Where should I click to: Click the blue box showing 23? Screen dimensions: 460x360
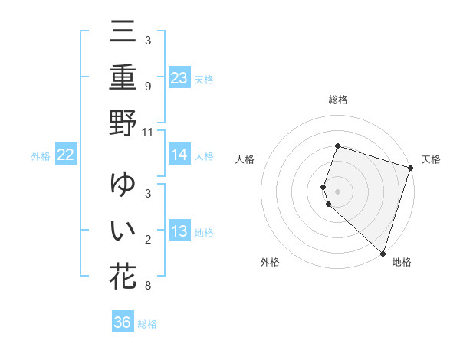pos(179,78)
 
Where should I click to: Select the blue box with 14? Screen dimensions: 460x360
pos(179,155)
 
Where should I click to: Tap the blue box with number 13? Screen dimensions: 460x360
pos(179,231)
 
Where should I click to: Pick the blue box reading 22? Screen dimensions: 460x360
pos(66,155)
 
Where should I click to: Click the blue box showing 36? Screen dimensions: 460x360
pos(123,322)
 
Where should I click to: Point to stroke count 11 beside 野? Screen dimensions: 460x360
pos(148,133)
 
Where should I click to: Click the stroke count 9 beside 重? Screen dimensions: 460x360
pos(148,87)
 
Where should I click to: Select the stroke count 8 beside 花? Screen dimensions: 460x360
pos(148,286)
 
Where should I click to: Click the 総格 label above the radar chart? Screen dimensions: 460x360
pos(337,100)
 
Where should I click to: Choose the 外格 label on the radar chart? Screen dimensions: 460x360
pos(270,262)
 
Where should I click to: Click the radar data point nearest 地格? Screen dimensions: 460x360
pos(383,254)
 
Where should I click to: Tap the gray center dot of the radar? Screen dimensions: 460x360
pos(337,191)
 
